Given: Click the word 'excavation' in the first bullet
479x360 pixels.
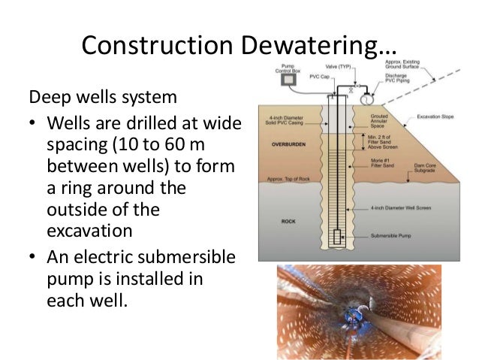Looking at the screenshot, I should point(84,227).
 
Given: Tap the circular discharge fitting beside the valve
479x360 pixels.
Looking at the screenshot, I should point(368,98).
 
